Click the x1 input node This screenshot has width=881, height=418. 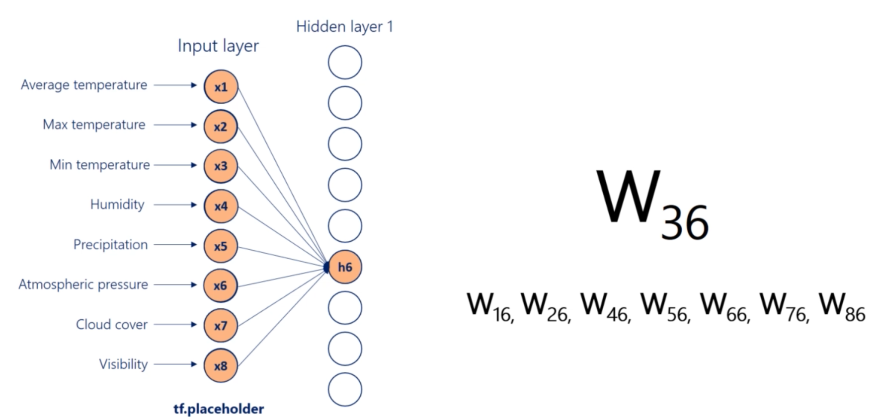(x=221, y=87)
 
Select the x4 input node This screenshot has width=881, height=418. (x=221, y=206)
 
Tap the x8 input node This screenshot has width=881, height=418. (x=221, y=366)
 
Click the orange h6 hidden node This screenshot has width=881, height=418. (x=345, y=267)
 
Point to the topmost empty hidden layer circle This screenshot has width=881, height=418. (x=345, y=63)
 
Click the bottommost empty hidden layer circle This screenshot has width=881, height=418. (x=345, y=390)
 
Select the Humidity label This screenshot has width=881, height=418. (x=117, y=205)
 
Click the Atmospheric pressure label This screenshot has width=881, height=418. (x=83, y=284)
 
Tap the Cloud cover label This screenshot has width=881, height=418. (x=112, y=325)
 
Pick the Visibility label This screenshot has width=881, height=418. (x=123, y=364)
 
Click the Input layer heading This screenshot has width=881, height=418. (x=218, y=46)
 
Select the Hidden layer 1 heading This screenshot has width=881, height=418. (x=344, y=26)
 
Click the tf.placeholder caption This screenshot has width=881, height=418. (x=219, y=409)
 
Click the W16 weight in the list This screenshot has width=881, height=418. (x=490, y=307)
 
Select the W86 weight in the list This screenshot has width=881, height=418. (x=842, y=307)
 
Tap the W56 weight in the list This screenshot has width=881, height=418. (x=665, y=307)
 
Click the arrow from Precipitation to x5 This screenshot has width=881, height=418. (x=175, y=245)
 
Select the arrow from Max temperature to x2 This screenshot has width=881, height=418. (x=175, y=125)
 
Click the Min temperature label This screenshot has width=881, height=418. (x=100, y=165)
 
